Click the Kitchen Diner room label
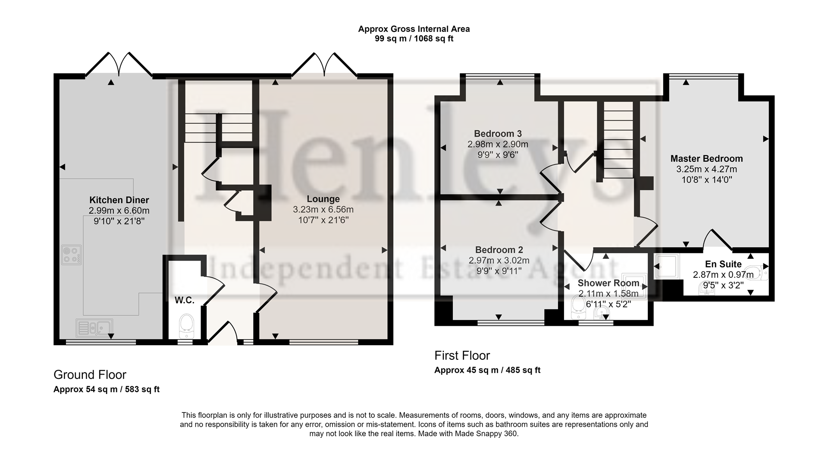click(x=119, y=200)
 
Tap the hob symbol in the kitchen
click(x=72, y=255)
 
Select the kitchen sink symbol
click(x=94, y=327)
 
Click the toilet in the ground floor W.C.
click(x=186, y=326)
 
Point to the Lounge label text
click(x=323, y=199)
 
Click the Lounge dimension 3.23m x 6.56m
click(x=323, y=210)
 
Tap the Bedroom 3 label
click(x=498, y=134)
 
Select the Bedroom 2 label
click(x=499, y=250)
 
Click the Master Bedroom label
click(x=706, y=158)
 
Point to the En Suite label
click(x=723, y=264)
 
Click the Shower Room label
click(x=608, y=283)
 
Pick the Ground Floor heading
click(x=90, y=374)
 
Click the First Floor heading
click(x=462, y=356)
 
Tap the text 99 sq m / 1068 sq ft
click(x=414, y=38)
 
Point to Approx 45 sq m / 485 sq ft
click(x=487, y=370)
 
